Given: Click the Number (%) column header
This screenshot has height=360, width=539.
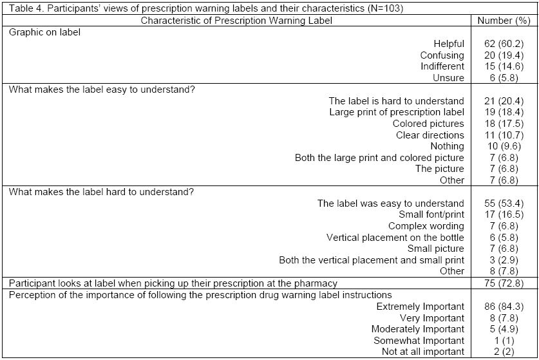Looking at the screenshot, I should click(x=504, y=21).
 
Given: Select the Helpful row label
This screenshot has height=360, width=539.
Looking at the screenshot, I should click(x=448, y=44).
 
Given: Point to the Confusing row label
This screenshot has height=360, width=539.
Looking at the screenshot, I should click(x=442, y=55).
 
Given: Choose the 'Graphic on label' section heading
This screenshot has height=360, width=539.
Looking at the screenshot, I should click(x=44, y=32).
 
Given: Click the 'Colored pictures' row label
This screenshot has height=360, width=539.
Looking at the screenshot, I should click(x=428, y=124).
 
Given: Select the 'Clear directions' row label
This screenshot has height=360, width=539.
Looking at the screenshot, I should click(x=430, y=135).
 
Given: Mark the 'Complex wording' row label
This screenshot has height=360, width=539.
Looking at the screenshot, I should click(x=426, y=226).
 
